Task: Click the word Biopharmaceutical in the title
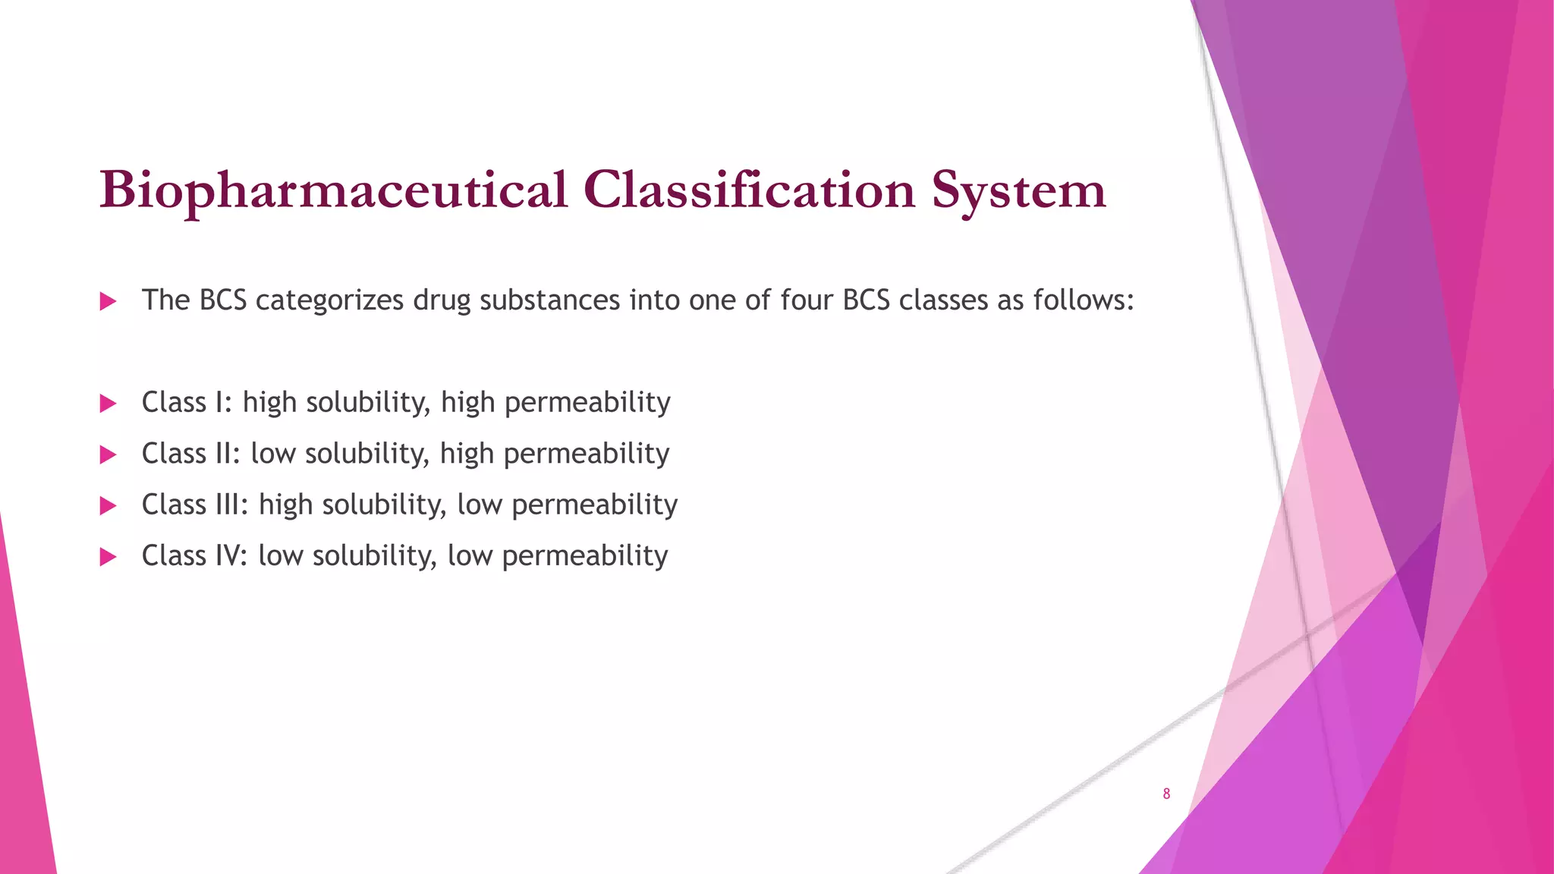tap(334, 190)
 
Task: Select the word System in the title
tap(1018, 191)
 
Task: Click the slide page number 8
tap(1166, 794)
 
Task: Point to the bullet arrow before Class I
tap(109, 404)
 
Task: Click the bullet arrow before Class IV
tap(109, 558)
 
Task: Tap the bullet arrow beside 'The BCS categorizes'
tap(109, 302)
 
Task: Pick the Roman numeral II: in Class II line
tap(228, 454)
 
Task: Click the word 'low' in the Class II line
tap(273, 454)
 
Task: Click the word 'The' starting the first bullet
tap(165, 300)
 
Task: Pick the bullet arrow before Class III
tap(109, 506)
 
